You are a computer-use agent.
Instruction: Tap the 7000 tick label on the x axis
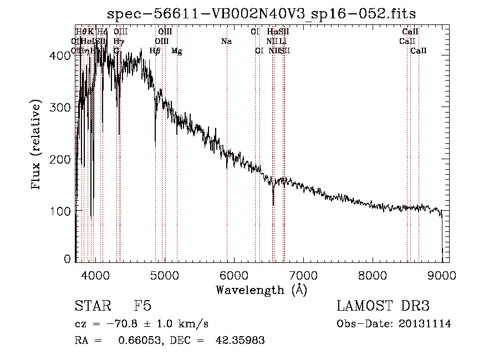(303, 275)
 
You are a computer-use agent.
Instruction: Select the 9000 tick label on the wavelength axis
(441, 275)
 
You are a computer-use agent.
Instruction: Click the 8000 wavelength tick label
(372, 275)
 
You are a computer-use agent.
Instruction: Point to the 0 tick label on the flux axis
(68, 259)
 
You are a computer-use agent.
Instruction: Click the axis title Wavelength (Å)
(262, 290)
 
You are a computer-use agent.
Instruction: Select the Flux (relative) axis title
(37, 145)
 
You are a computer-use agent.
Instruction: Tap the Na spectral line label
(226, 41)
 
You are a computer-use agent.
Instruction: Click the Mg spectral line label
(176, 51)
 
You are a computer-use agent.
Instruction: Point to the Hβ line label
(155, 50)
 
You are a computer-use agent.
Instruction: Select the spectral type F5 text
(142, 306)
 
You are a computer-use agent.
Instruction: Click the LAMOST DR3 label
(383, 306)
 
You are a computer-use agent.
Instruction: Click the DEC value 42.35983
(240, 341)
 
